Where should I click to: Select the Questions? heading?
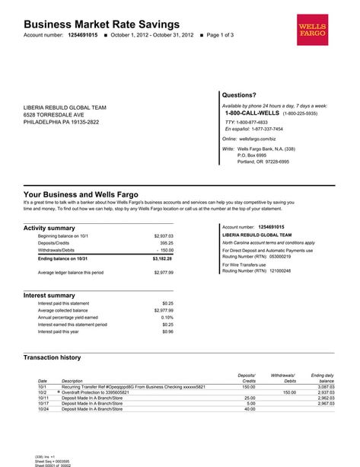238,95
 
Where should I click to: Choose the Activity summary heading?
49,228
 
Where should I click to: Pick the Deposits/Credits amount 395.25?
167,243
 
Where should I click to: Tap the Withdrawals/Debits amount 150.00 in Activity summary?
166,250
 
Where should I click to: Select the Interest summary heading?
49,295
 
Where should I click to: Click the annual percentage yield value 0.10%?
167,317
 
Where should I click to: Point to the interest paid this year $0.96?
167,331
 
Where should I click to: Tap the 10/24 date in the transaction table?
43,409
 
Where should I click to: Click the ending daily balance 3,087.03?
326,387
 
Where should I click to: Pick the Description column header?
72,381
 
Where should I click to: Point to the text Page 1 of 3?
221,36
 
